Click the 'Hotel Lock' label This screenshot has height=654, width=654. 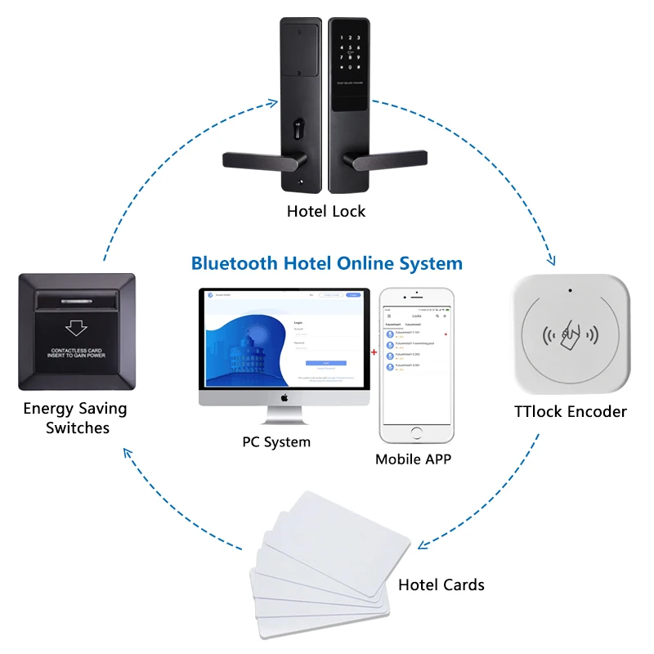click(x=326, y=211)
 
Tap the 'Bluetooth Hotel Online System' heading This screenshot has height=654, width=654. click(x=327, y=263)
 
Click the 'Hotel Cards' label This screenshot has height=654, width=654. click(x=441, y=585)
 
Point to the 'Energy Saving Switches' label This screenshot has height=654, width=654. click(x=74, y=418)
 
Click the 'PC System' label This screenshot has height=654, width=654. click(x=276, y=441)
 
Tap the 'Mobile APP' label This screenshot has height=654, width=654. click(x=413, y=459)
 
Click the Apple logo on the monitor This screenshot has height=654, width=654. click(x=285, y=398)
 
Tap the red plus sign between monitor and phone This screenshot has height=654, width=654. click(x=374, y=353)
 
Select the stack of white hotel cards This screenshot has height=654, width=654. click(x=327, y=564)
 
